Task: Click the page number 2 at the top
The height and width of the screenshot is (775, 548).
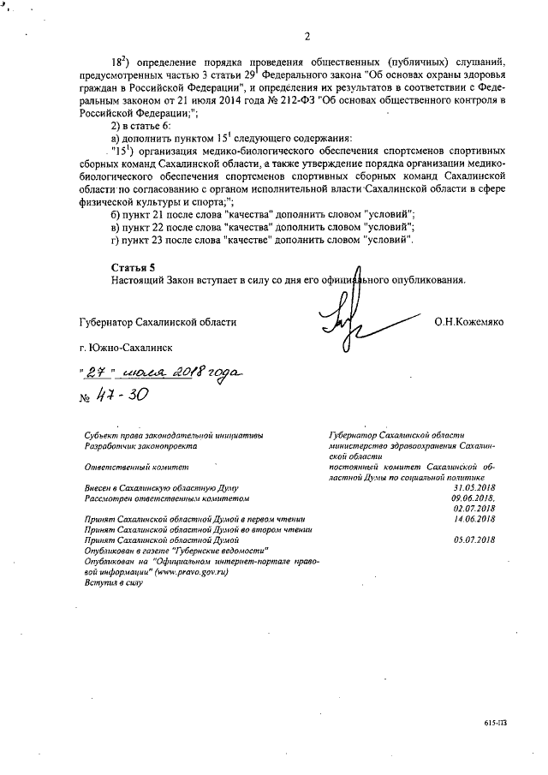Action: click(306, 36)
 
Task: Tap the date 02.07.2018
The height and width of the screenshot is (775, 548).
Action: click(475, 508)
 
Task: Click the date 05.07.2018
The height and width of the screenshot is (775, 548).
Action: click(475, 540)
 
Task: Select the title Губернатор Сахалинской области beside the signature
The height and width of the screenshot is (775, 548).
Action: click(155, 323)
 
